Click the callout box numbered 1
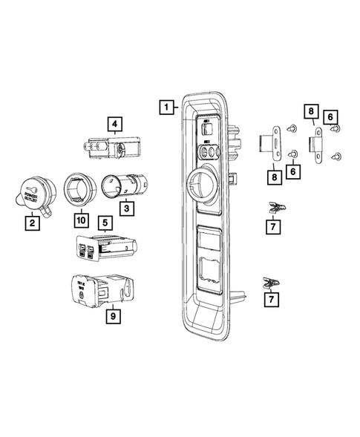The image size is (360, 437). tap(167, 108)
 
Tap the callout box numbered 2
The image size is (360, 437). tap(31, 222)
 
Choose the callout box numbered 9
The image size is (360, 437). tap(113, 315)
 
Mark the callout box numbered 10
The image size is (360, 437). tap(79, 220)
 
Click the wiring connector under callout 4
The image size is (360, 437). tap(108, 148)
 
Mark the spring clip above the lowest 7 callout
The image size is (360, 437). tap(271, 283)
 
